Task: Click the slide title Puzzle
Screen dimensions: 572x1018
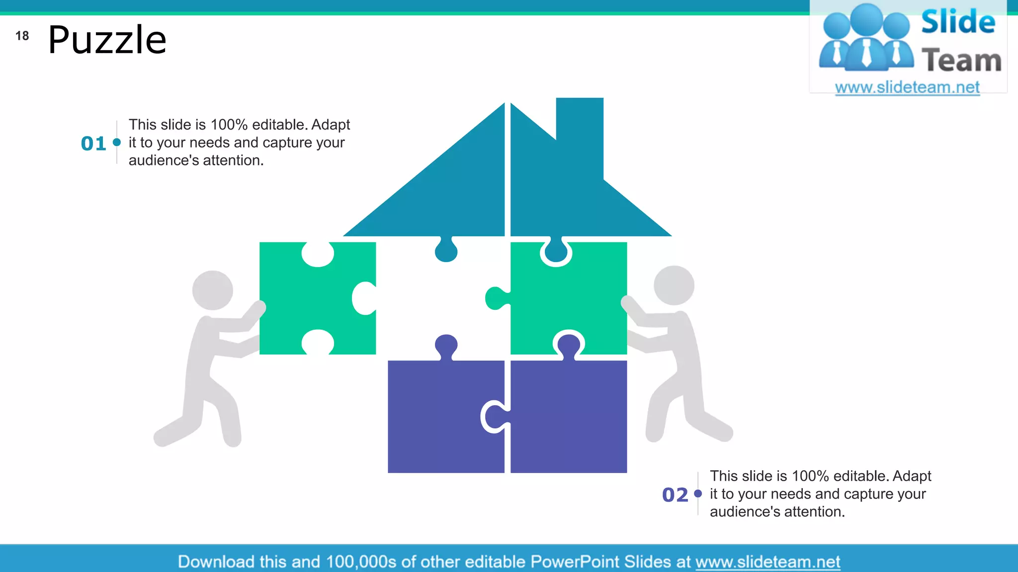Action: click(107, 40)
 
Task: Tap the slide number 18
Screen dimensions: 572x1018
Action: click(22, 36)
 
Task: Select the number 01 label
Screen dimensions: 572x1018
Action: click(93, 143)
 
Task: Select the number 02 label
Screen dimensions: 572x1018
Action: click(675, 495)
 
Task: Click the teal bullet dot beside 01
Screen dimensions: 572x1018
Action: click(117, 143)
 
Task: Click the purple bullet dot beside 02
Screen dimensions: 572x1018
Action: click(698, 494)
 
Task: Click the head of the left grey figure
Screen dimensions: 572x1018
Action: click(213, 290)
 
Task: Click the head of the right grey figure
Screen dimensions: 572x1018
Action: click(674, 286)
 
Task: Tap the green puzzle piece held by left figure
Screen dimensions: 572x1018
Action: click(313, 298)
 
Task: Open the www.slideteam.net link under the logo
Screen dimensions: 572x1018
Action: click(907, 87)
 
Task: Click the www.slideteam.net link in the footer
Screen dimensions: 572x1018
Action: click(767, 562)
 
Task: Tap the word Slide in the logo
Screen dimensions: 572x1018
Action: click(958, 22)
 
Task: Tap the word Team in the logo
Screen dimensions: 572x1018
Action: click(961, 61)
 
